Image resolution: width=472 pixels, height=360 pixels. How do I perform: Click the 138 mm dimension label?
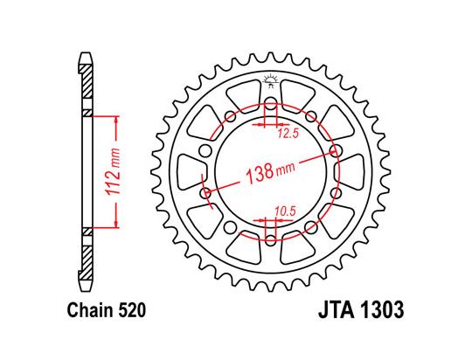271,173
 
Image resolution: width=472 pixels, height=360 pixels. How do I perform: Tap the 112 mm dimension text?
112,171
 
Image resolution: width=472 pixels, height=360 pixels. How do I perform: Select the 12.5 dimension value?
288,134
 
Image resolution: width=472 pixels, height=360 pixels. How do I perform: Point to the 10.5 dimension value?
285,211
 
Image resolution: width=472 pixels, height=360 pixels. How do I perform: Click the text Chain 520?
107,310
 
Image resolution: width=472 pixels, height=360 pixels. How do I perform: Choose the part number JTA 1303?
361,309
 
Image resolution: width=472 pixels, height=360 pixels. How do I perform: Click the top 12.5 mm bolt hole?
271,102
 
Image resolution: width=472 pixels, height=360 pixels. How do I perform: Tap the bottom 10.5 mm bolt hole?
271,240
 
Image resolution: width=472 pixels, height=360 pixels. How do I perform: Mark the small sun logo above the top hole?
270,80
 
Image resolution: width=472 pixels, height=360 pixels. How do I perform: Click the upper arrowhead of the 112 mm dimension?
116,120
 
